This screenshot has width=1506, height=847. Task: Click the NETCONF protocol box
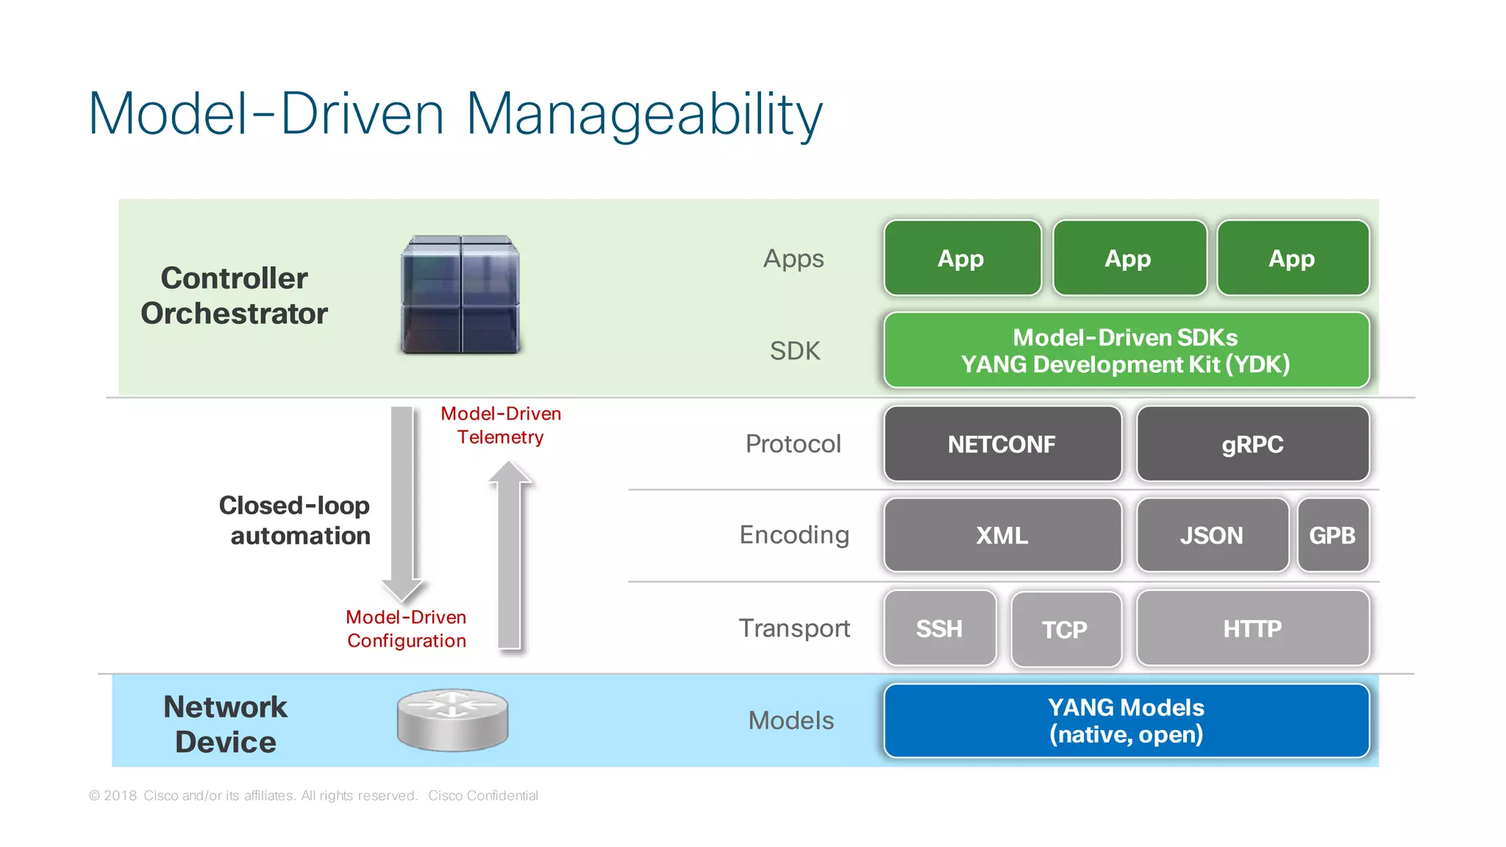point(1002,444)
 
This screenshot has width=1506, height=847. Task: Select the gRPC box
point(1252,444)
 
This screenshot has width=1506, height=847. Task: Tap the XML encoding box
point(1002,535)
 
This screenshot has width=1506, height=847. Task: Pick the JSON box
point(1212,535)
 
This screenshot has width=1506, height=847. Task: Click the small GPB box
point(1332,535)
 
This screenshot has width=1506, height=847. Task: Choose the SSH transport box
point(940,628)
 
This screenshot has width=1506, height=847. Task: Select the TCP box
point(1065,629)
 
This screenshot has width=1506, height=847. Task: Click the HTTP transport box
point(1252,628)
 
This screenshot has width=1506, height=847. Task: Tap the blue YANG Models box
point(1126,720)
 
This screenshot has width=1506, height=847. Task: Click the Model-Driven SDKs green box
point(1126,350)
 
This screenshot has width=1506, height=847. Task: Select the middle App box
point(1129,258)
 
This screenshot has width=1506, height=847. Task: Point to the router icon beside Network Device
point(452,720)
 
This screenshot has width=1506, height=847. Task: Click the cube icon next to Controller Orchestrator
point(460,294)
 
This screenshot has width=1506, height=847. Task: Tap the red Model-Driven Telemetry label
point(501,425)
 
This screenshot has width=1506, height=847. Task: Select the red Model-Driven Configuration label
point(406,628)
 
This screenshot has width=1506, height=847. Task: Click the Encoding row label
point(794,535)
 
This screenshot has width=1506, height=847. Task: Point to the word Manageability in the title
point(644,114)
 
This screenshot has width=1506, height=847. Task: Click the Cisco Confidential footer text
point(483,795)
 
